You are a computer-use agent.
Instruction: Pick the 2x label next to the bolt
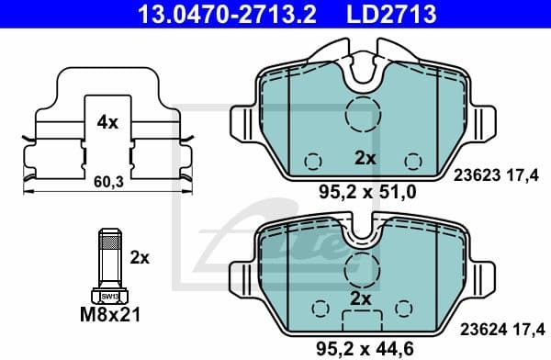pyautogui.click(x=139, y=259)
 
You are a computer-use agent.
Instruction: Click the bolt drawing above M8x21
pyautogui.click(x=108, y=263)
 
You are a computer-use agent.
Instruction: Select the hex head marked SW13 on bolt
pyautogui.click(x=108, y=296)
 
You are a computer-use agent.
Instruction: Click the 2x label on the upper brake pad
pyautogui.click(x=365, y=158)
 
